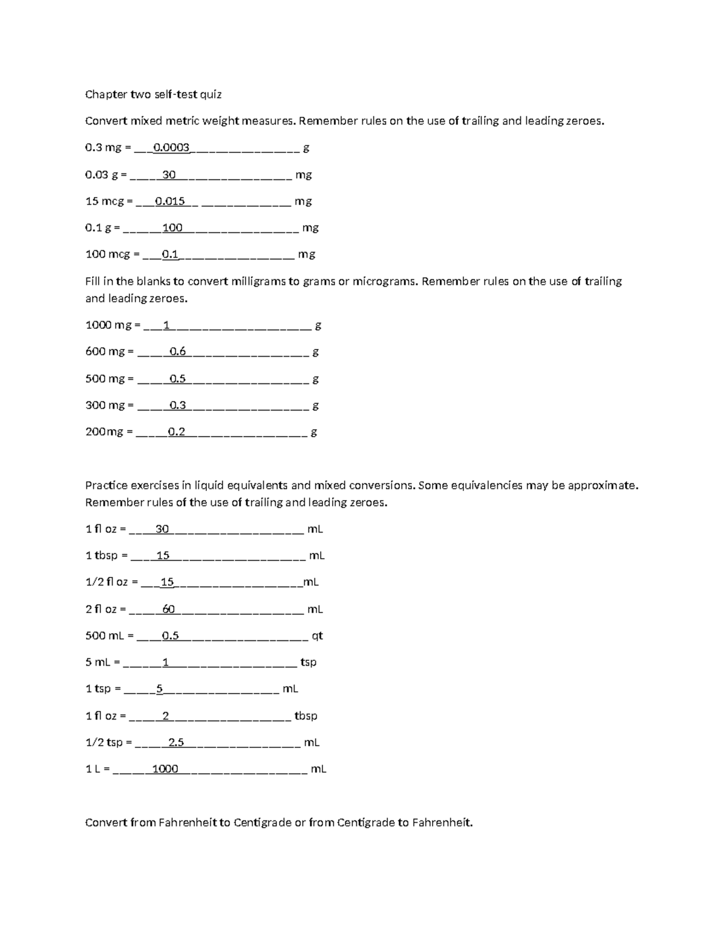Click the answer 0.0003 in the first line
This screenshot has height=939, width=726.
(x=172, y=148)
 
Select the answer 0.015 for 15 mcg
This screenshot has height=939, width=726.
(x=170, y=201)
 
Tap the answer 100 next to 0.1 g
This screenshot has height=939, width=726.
(x=172, y=228)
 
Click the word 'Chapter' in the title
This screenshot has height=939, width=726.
(x=103, y=94)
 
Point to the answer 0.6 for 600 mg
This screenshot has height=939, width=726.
(x=178, y=351)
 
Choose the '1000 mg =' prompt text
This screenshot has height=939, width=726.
(x=113, y=325)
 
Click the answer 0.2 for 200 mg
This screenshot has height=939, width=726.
(x=177, y=432)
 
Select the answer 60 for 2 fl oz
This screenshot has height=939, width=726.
(x=169, y=609)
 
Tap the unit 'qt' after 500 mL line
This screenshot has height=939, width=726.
(x=317, y=636)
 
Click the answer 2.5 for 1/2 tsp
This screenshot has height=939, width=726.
(x=176, y=742)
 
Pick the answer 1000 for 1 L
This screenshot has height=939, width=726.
(x=165, y=769)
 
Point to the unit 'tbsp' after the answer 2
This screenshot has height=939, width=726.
(x=306, y=716)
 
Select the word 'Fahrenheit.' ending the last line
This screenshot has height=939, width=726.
(x=442, y=822)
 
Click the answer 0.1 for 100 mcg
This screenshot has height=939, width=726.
(x=170, y=255)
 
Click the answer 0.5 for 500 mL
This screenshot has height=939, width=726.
(x=171, y=636)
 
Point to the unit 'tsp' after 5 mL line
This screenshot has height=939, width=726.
(x=309, y=662)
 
